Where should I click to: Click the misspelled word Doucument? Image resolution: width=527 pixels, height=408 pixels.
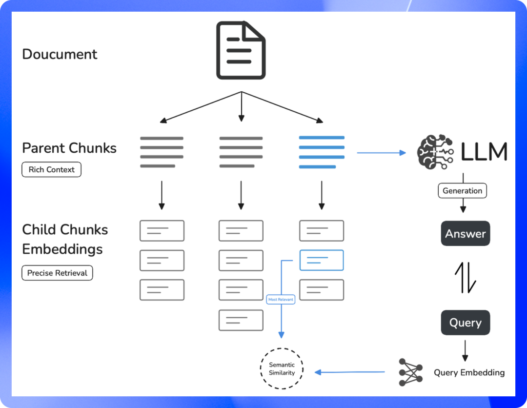(x=60, y=54)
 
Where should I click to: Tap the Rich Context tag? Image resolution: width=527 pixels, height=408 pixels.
(x=51, y=170)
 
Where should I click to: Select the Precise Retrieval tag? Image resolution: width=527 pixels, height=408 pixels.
(x=57, y=273)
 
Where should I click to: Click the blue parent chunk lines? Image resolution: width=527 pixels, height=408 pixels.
(x=322, y=152)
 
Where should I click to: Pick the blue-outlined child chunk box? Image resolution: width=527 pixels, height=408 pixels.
(x=322, y=260)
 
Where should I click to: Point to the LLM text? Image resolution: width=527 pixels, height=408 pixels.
(x=484, y=152)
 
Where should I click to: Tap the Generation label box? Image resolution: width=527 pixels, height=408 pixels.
(x=462, y=191)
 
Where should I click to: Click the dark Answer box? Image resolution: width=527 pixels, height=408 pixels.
(x=465, y=234)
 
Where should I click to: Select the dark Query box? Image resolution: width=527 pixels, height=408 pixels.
(x=465, y=323)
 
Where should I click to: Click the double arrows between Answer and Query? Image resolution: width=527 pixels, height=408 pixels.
(x=465, y=278)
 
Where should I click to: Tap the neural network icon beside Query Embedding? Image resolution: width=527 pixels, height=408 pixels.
(x=410, y=372)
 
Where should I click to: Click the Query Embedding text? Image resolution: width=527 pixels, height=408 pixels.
(x=469, y=373)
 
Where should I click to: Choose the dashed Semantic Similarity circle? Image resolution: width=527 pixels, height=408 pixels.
(x=282, y=369)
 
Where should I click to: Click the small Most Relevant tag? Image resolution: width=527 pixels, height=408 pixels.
(x=281, y=299)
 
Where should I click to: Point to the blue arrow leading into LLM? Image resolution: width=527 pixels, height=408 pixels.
(x=381, y=153)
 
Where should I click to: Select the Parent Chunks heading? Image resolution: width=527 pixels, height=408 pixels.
(x=69, y=148)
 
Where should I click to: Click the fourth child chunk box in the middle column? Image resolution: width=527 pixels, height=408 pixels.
(x=241, y=320)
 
